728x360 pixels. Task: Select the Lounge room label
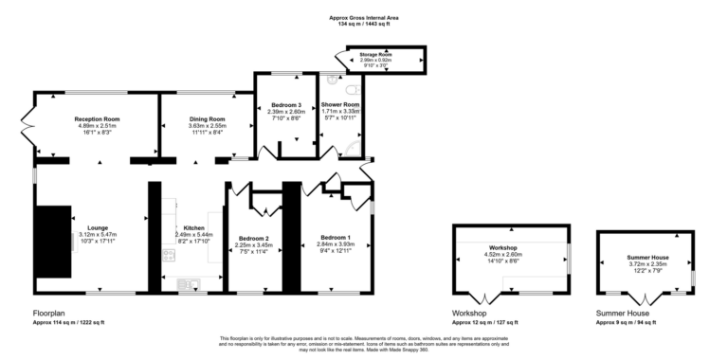[98, 227]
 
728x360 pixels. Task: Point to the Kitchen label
[193, 228]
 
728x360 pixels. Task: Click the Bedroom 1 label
[336, 236]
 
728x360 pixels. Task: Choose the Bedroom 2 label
[254, 238]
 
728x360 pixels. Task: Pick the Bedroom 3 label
[285, 104]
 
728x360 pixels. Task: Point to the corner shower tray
[355, 147]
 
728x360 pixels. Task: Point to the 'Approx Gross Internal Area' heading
[364, 18]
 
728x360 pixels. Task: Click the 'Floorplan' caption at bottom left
[48, 313]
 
